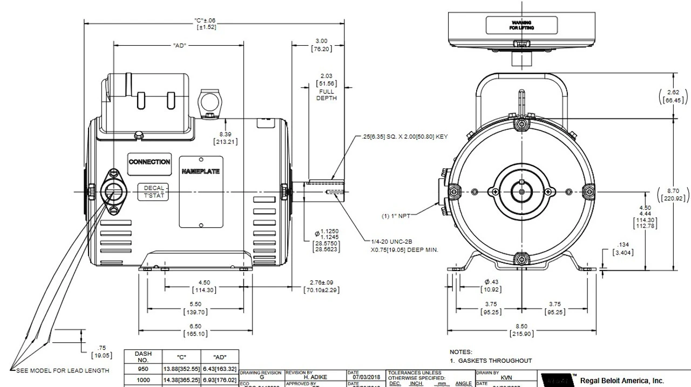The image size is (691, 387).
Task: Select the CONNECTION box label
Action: click(x=149, y=162)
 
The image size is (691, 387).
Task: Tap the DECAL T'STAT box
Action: click(x=154, y=192)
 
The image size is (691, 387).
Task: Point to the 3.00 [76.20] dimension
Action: click(x=321, y=45)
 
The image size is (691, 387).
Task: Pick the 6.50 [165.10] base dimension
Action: click(x=195, y=330)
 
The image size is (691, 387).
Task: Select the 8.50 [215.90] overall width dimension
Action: click(x=521, y=330)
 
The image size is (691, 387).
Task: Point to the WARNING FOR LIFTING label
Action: click(x=522, y=25)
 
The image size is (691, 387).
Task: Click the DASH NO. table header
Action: click(x=143, y=357)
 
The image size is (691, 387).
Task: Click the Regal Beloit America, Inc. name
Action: click(x=622, y=380)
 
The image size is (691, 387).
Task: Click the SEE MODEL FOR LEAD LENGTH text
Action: click(x=62, y=370)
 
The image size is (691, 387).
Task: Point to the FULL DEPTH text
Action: click(x=326, y=95)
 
